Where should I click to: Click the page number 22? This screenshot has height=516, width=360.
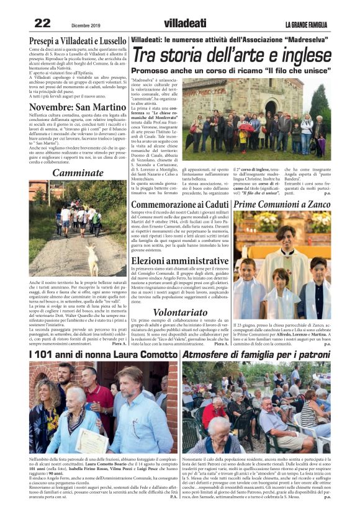coord(42,23)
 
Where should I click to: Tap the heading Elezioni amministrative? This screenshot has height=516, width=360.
coord(180,260)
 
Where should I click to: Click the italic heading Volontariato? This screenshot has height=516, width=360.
coord(180,313)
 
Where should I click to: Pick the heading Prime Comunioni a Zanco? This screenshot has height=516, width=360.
coord(281,203)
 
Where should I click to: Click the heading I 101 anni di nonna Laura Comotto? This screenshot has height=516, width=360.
coord(103,354)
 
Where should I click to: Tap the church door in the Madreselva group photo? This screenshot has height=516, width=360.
coord(271,105)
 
